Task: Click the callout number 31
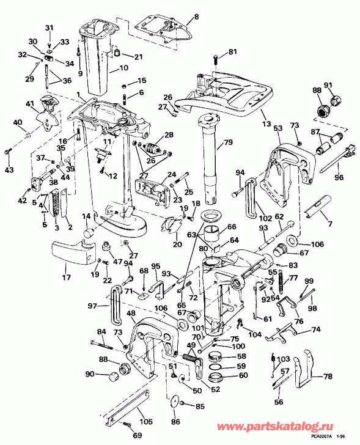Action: [x=50, y=28]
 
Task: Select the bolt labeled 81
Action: [x=215, y=59]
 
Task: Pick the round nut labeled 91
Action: [x=335, y=98]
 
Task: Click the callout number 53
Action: [x=277, y=128]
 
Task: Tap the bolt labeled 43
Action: [x=8, y=151]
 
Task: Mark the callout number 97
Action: [x=92, y=306]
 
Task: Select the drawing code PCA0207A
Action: [x=321, y=436]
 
